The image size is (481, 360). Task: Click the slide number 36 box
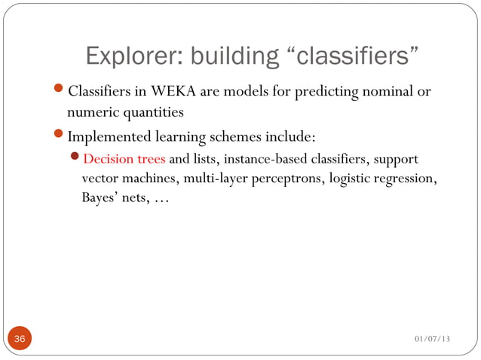[19, 339]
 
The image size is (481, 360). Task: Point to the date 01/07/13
[432, 340]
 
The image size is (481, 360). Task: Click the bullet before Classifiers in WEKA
[60, 93]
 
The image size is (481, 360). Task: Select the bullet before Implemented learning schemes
[60, 139]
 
